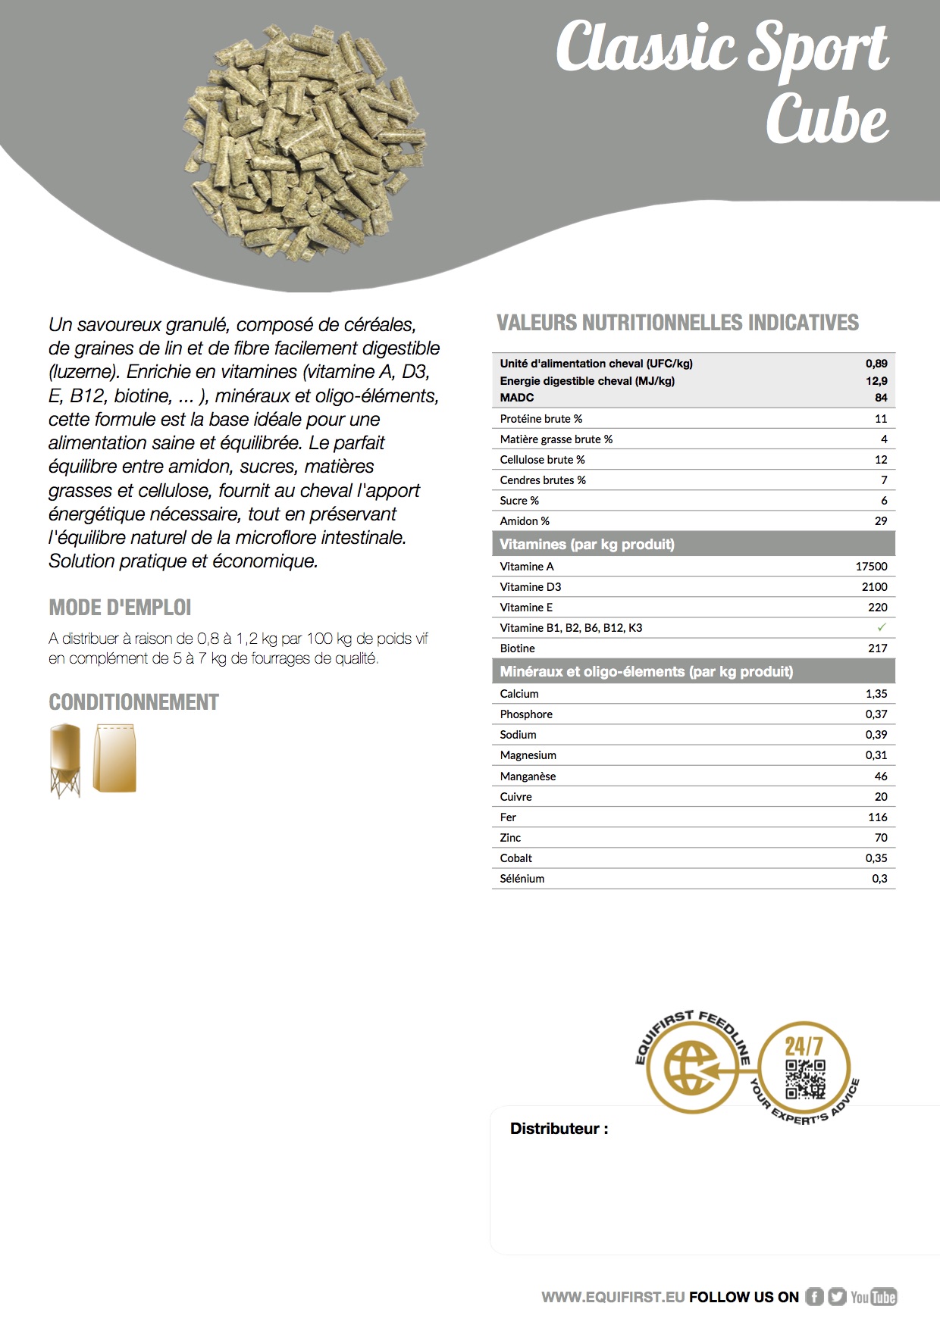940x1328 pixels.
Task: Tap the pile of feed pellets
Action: pos(303,140)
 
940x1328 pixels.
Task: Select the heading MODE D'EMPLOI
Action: pos(120,608)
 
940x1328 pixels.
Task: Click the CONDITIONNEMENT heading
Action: pos(133,702)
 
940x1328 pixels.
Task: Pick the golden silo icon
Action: pos(64,760)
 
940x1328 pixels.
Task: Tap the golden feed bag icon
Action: pos(114,758)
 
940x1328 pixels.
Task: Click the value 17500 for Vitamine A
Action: pos(871,566)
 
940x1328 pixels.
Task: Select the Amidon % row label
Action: pos(525,520)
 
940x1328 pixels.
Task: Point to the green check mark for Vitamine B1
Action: pos(881,627)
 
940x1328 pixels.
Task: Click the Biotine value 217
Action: pos(877,648)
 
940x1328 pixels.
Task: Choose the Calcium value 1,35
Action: pos(876,693)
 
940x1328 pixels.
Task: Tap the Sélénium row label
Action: pos(522,878)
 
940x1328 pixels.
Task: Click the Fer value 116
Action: pos(877,817)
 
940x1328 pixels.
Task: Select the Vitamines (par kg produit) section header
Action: pos(587,544)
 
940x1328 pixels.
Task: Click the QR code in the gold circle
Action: pos(804,1079)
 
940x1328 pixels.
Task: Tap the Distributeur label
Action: pos(559,1129)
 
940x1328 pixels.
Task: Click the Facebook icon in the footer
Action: pos(814,1297)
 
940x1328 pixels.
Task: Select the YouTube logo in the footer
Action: pos(873,1297)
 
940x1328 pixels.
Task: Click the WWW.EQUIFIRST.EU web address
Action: pos(613,1297)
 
